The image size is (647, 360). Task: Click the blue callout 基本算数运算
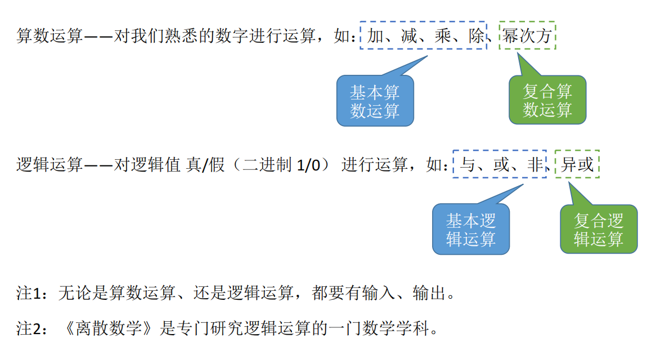point(375,101)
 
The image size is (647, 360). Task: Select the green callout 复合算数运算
point(547,101)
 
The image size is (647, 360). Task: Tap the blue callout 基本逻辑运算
point(471,229)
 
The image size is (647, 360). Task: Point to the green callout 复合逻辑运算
point(599,229)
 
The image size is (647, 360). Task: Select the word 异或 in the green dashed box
point(577,165)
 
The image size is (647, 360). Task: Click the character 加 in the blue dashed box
point(376,37)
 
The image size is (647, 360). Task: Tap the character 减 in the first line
point(410,37)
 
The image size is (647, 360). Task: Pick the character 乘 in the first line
point(443,37)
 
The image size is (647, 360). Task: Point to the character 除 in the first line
point(477,37)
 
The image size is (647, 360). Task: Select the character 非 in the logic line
point(534,165)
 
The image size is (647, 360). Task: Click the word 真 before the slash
point(191,165)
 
